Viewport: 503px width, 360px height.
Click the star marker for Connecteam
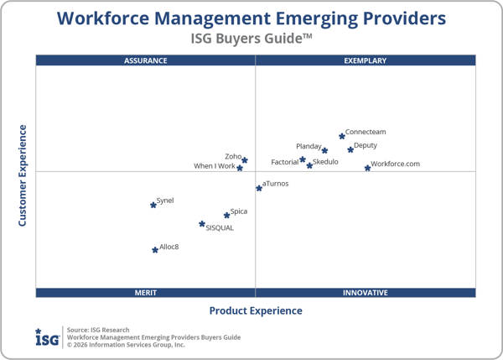[342, 135]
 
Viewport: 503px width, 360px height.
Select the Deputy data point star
[350, 149]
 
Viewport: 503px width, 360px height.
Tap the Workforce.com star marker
[367, 168]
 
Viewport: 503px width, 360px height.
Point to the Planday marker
[324, 150]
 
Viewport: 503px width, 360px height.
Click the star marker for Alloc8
[155, 249]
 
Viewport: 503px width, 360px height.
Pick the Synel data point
[153, 204]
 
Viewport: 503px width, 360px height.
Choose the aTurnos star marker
[259, 188]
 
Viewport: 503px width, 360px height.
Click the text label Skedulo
[325, 162]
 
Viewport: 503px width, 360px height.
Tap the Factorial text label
[284, 162]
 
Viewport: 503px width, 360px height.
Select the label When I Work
[215, 166]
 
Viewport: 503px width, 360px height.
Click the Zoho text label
[233, 156]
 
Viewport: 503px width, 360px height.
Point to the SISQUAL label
[220, 227]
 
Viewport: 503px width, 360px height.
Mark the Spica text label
[239, 211]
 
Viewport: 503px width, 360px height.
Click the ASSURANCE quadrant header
[146, 60]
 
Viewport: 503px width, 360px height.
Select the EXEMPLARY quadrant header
[366, 60]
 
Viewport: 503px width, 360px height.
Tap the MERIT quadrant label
[146, 293]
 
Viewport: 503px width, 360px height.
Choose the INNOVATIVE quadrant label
[366, 293]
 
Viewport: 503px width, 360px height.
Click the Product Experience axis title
[256, 310]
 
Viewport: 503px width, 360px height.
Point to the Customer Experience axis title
[23, 175]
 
